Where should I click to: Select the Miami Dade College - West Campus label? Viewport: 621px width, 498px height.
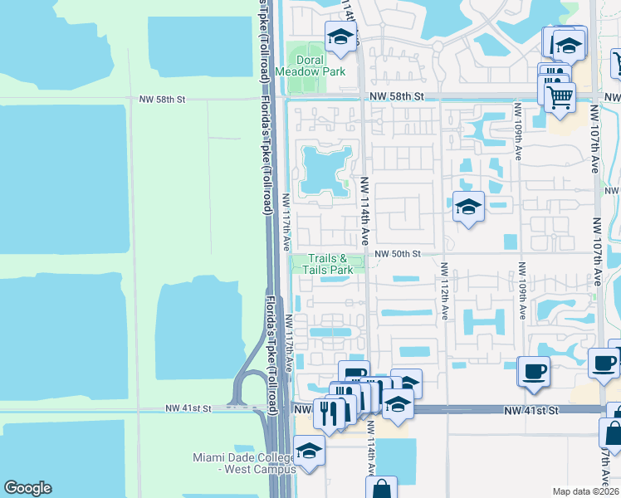click(x=244, y=463)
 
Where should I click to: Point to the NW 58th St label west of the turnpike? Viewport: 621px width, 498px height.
click(x=162, y=99)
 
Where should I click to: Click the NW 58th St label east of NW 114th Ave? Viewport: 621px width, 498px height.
click(x=396, y=97)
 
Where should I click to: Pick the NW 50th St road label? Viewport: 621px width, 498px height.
click(x=398, y=254)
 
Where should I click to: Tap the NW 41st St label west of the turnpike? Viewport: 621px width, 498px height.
click(x=188, y=408)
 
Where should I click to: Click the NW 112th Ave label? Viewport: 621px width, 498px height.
click(x=445, y=292)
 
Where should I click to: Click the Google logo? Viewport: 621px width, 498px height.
click(x=27, y=488)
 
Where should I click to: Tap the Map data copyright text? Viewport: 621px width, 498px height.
click(x=584, y=491)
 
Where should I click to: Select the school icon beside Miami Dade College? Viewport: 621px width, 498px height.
click(x=308, y=451)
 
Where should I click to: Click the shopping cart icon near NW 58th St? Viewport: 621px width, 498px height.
click(x=560, y=96)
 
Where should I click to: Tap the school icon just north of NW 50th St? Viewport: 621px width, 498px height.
click(x=467, y=207)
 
